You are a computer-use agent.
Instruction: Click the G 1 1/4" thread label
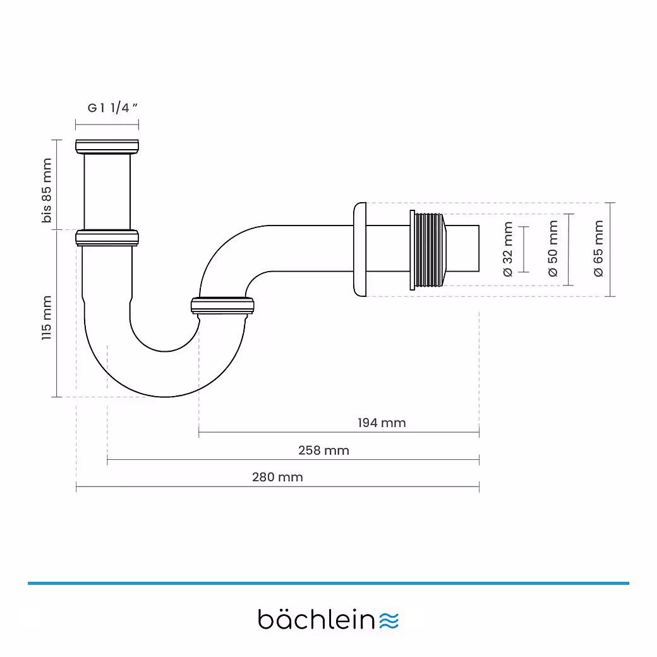[x=113, y=107]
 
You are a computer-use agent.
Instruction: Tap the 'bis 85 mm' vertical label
[x=47, y=191]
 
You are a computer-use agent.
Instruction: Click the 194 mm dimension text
[x=382, y=423]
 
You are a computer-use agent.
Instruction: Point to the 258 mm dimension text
[x=323, y=450]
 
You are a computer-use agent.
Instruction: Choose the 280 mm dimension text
[x=277, y=477]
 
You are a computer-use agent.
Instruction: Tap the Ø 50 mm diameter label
[x=553, y=249]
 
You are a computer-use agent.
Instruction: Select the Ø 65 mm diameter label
[x=598, y=248]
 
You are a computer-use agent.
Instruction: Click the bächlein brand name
[x=317, y=619]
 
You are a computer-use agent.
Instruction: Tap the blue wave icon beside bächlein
[x=390, y=620]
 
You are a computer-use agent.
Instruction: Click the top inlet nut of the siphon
[x=107, y=146]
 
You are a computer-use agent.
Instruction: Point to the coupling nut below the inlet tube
[x=107, y=238]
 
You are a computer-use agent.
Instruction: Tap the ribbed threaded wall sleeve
[x=428, y=250]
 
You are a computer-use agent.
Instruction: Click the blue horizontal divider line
[x=328, y=583]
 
